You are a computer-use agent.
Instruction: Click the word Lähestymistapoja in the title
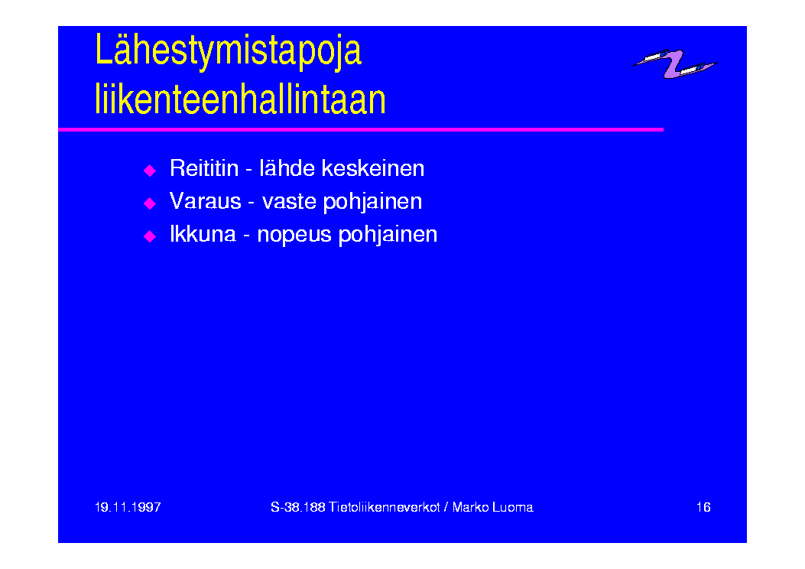[229, 50]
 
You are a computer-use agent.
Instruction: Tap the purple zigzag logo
[675, 63]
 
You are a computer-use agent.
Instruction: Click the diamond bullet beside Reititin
[149, 171]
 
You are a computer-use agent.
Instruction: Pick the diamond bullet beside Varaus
[149, 203]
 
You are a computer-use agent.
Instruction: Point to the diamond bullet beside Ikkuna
[149, 236]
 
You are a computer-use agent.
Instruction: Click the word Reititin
[204, 168]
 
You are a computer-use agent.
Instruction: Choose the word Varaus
[206, 201]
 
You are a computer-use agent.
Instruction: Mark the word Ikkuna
[203, 234]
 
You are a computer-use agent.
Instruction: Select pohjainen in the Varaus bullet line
[373, 202]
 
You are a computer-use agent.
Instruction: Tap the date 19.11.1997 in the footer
[128, 507]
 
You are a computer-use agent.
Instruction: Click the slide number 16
[703, 507]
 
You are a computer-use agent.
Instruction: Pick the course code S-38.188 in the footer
[298, 507]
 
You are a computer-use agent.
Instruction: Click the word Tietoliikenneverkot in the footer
[384, 507]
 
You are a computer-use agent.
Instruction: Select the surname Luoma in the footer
[512, 507]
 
